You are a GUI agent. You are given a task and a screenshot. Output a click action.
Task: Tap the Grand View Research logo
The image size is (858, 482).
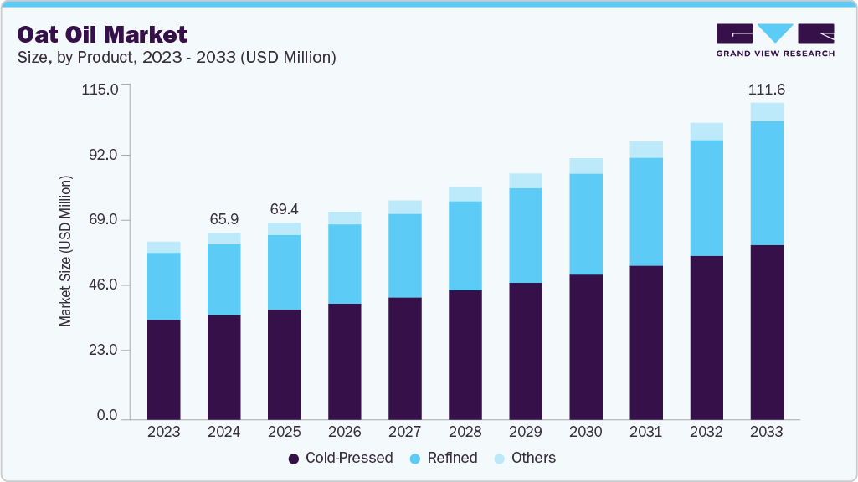pos(774,40)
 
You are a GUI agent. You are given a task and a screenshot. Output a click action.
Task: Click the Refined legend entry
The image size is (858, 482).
pos(443,458)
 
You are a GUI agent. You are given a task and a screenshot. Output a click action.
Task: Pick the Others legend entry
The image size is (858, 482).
pos(524,458)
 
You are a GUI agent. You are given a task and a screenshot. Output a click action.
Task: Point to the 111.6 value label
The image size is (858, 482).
pos(767,90)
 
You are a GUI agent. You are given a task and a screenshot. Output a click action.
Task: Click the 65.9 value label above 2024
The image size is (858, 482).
pos(224,218)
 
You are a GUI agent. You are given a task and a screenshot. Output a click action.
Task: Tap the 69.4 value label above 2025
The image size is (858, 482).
pos(285,208)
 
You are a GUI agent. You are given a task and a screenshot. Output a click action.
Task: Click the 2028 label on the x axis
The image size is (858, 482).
pos(465,432)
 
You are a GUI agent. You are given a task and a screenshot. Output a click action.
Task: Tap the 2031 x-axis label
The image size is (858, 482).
pos(646,432)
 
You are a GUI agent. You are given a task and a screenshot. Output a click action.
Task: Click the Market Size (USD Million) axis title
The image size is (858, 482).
pos(65,251)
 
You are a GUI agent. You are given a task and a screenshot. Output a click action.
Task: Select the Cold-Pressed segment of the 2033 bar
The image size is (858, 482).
pos(767,331)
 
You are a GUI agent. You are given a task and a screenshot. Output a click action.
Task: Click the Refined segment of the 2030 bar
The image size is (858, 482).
pos(586,223)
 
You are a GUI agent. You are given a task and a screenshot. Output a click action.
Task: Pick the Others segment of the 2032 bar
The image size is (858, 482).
pos(706,131)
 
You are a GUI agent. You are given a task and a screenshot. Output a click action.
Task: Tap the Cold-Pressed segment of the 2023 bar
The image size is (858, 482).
pos(164,368)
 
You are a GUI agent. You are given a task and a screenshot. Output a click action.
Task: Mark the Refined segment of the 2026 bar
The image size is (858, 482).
pos(345,264)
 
